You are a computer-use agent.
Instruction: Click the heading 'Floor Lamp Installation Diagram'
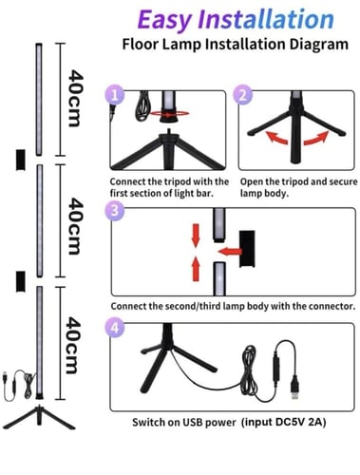pyautogui.click(x=229, y=45)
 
